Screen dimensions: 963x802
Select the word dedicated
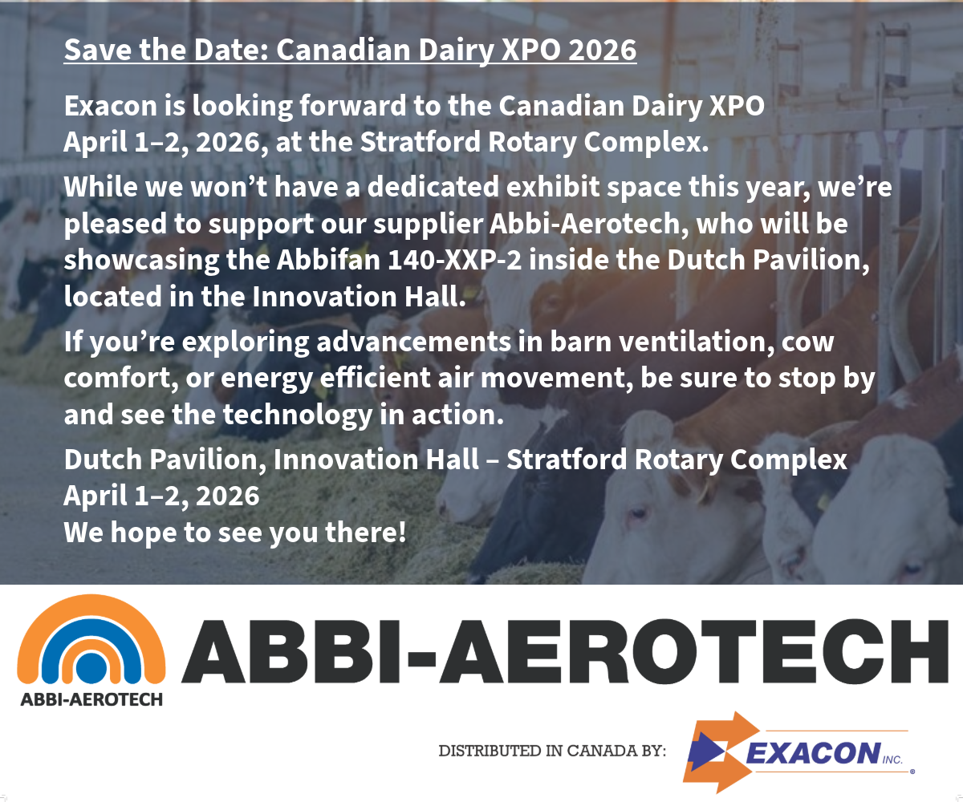(433, 187)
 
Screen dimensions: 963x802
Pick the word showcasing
(141, 261)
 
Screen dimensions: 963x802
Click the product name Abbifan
(328, 260)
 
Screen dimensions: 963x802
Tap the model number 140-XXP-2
(455, 261)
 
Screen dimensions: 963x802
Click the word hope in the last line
(144, 533)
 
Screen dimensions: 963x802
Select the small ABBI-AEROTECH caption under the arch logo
(91, 699)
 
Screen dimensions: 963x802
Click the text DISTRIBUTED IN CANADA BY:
(552, 751)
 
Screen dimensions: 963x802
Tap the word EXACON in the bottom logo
(813, 753)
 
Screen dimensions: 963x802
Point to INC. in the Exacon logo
(893, 759)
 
